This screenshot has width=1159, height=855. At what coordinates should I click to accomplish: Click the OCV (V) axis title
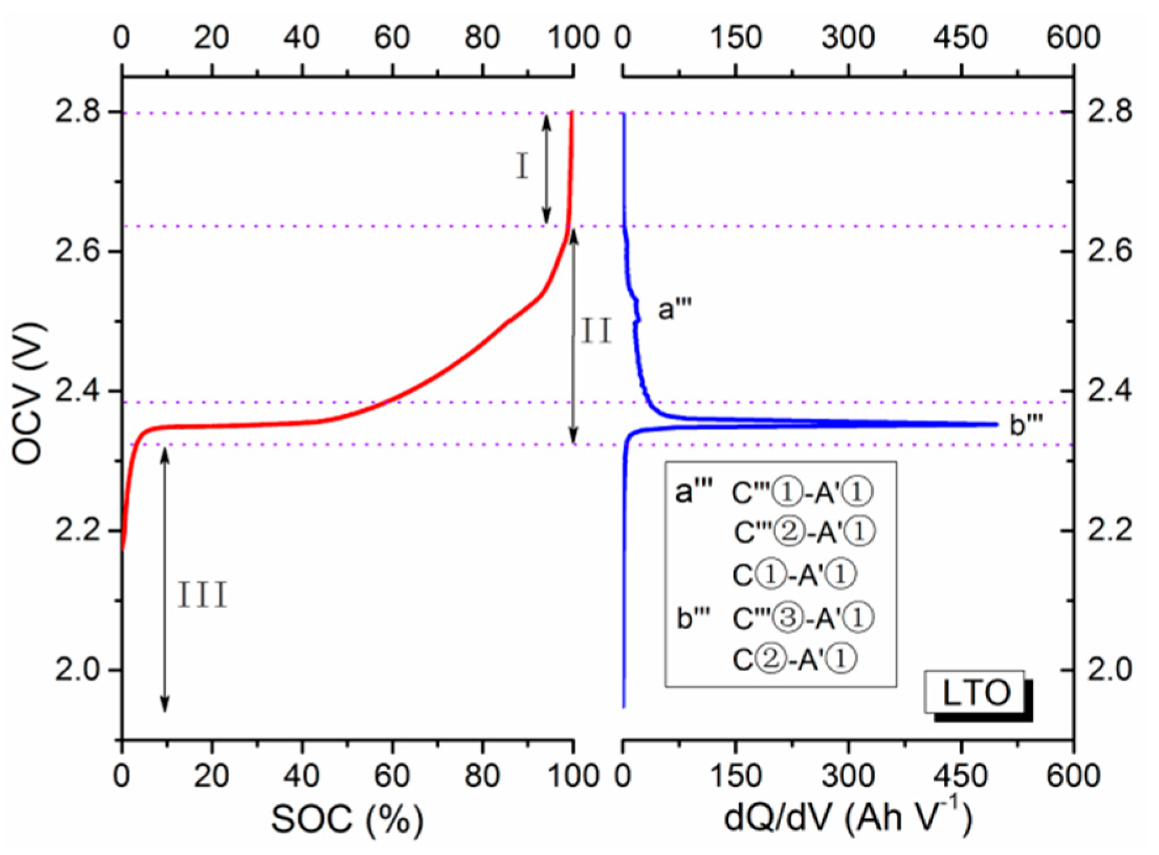coord(28,393)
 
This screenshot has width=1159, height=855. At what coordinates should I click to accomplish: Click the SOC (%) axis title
coord(347,820)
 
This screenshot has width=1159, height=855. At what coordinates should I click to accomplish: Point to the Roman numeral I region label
coord(522,167)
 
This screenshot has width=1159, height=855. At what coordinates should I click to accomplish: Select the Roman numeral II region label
coord(596,332)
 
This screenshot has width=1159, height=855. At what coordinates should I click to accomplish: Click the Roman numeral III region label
coord(203,596)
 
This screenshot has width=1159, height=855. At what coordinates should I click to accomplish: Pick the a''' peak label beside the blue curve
coord(674,309)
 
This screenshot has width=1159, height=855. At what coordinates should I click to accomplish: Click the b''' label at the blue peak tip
coord(1026,425)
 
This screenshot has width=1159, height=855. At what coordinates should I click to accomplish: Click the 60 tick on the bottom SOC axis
coord(391,775)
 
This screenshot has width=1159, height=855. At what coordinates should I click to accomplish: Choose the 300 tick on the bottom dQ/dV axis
coord(848,775)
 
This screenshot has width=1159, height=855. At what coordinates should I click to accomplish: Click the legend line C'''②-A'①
coord(804,532)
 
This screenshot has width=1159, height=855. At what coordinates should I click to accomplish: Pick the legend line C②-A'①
coord(794,660)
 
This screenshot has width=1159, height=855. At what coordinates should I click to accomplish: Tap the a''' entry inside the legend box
coord(693,493)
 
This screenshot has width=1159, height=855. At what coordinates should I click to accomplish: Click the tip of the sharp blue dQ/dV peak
coord(996,424)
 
